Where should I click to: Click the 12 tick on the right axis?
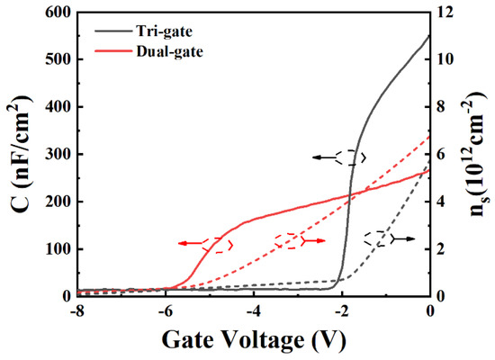point(445,13)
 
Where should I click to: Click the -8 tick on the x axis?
point(79,310)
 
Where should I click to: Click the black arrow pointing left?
point(322,157)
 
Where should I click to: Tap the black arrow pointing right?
point(404,238)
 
